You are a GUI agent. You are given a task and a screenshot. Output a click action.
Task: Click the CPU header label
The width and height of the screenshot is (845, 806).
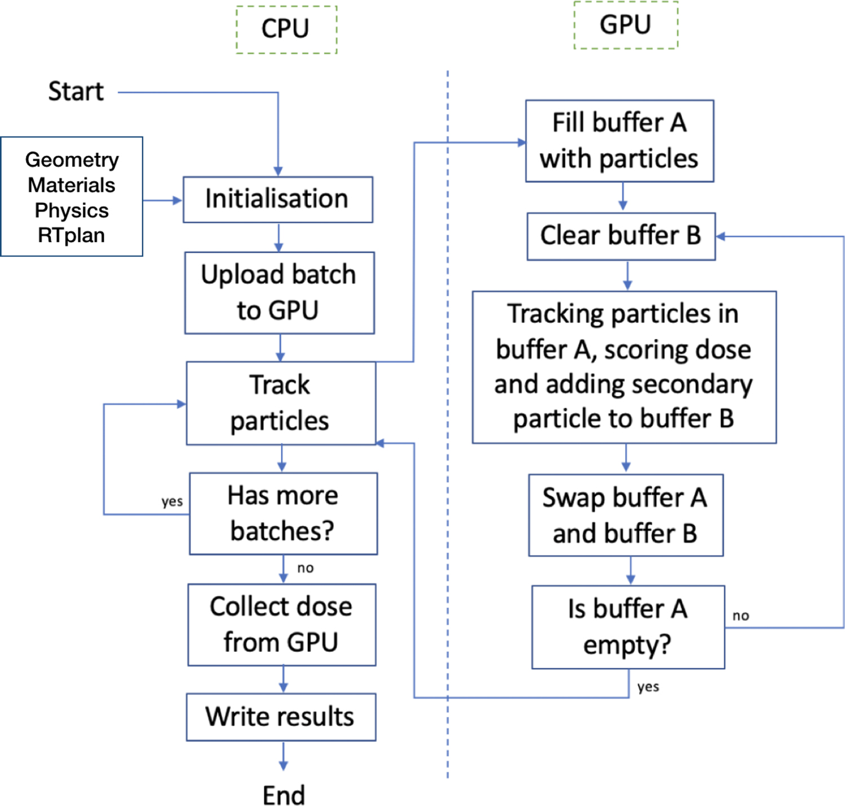[286, 29]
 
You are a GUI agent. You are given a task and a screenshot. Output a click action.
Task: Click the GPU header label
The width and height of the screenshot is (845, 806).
[625, 25]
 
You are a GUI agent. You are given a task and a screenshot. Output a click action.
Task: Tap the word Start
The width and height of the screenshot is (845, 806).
[76, 91]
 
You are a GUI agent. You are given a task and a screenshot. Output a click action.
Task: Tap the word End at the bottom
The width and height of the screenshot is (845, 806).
[284, 795]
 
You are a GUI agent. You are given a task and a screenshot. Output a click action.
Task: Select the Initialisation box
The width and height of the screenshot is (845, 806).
[277, 199]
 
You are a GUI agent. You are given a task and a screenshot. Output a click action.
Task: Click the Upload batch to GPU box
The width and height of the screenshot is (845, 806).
[279, 292]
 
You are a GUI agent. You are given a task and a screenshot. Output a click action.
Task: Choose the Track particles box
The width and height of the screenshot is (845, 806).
[281, 403]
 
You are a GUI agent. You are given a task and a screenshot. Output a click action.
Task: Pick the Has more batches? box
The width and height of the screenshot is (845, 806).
[283, 513]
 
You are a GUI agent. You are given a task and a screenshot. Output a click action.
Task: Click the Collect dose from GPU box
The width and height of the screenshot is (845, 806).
[281, 624]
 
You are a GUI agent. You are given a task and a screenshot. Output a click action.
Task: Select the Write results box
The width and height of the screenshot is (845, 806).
[280, 716]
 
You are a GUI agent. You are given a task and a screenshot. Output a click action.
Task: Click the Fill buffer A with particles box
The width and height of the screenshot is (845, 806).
[619, 140]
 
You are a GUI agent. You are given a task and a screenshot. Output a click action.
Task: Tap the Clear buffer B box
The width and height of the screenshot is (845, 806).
[621, 236]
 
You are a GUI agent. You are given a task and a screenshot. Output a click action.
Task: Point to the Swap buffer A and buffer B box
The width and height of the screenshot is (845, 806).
[625, 515]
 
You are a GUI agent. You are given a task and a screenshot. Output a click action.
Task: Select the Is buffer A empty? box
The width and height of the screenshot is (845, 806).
[627, 627]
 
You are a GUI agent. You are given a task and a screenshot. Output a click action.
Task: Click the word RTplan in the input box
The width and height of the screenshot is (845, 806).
[72, 235]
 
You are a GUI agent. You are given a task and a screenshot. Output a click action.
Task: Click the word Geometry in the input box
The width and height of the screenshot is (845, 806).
[72, 160]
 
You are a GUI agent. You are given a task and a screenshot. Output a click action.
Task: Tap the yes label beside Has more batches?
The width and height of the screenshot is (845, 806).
[172, 501]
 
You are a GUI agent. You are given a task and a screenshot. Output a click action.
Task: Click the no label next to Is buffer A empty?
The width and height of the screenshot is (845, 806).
[741, 615]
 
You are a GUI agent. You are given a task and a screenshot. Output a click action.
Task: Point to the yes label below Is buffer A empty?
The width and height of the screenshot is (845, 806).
[648, 686]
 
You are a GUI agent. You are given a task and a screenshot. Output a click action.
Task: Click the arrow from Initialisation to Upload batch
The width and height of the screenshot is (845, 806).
[278, 237]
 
